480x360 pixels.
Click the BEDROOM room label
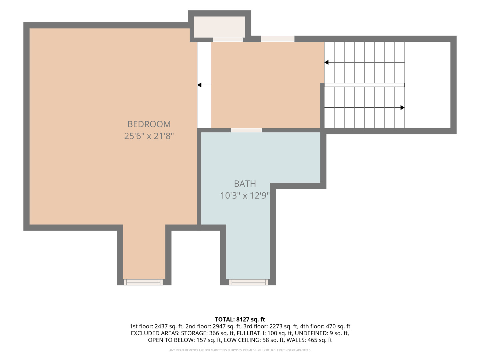click(149, 124)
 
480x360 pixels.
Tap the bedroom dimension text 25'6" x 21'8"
click(149, 136)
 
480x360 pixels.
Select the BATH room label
click(245, 184)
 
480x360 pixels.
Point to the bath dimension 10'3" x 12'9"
click(245, 195)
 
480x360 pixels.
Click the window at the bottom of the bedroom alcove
click(143, 282)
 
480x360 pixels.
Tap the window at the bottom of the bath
click(248, 282)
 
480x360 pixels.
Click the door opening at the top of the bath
click(246, 130)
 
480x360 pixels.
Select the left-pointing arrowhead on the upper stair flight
click(326, 62)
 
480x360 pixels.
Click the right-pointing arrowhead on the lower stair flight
click(402, 108)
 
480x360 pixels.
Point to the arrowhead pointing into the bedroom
click(199, 85)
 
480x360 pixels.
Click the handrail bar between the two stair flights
click(364, 85)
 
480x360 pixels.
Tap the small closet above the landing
click(219, 27)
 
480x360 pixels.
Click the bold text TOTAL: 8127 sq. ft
click(240, 319)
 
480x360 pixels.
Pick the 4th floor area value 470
click(331, 326)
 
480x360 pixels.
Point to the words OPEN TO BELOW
click(171, 340)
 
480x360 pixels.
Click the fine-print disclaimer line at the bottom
click(240, 350)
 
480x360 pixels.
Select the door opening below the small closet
click(228, 40)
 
